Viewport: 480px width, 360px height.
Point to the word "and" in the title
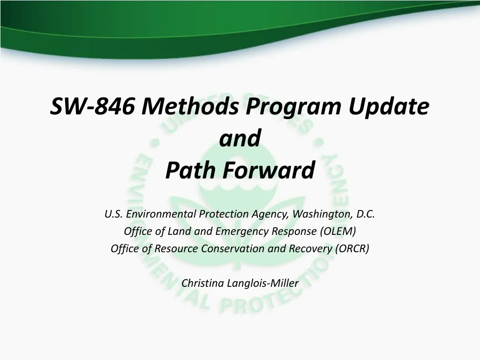click(240, 139)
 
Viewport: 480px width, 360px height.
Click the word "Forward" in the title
click(268, 170)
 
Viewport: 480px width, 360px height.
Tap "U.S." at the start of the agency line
click(113, 214)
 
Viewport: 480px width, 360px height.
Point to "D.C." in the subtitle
click(366, 214)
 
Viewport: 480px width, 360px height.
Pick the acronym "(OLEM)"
click(338, 232)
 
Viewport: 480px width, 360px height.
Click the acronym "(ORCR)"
click(352, 248)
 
